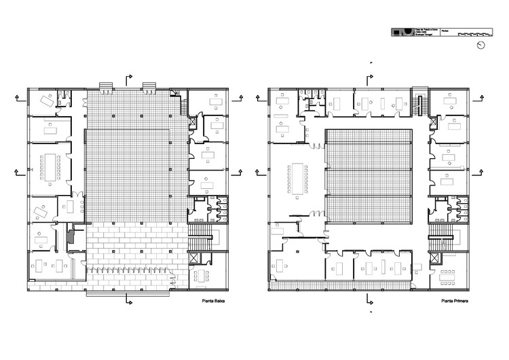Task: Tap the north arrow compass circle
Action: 480,45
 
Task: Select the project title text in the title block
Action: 425,31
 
